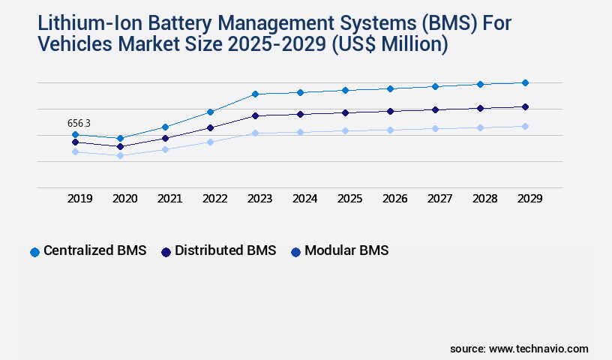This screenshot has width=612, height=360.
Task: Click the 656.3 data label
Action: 79,123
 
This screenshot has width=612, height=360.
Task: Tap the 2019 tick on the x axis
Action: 79,199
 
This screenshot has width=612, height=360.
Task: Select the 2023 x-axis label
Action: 259,199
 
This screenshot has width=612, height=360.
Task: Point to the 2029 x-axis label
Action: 529,199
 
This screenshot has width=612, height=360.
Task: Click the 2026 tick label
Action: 394,199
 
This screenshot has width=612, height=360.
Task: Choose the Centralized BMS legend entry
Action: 88,250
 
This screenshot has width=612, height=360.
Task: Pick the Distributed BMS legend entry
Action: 218,250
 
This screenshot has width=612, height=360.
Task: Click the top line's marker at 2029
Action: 525,82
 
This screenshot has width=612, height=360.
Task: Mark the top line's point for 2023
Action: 255,94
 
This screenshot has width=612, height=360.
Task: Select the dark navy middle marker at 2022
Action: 210,127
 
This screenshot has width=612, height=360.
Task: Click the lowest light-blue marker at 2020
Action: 120,155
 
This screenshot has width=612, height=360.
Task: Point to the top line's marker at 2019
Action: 75,134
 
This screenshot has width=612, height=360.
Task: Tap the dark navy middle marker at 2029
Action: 525,106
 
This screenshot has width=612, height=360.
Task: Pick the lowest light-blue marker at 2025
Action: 345,130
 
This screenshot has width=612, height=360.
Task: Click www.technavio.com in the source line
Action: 538,349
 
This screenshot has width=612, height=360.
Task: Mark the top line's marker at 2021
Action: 165,127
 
